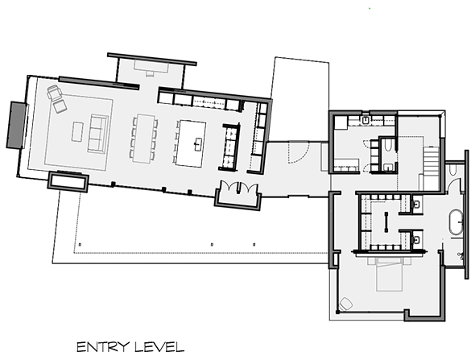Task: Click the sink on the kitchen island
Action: tap(197, 144)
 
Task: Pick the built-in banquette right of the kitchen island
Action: tap(229, 148)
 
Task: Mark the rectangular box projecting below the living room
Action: tap(68, 182)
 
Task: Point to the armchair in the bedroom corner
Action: tap(347, 304)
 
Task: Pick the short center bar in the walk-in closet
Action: tap(389, 221)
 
